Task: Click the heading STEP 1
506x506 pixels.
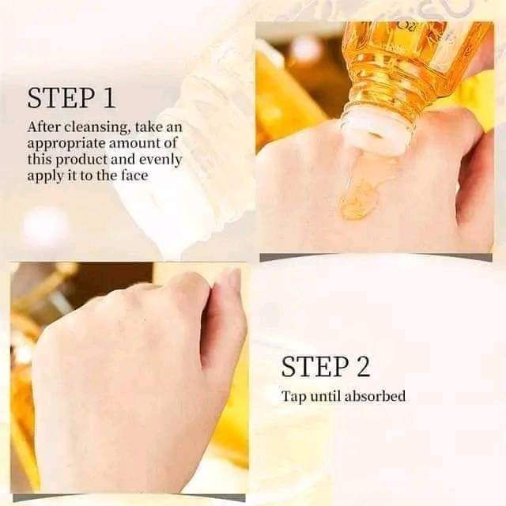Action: coord(71,97)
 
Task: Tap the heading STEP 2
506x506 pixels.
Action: coord(326,366)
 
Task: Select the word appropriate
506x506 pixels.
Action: coord(66,144)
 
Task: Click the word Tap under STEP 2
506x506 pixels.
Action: coord(293,397)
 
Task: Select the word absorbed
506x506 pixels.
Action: coord(375,396)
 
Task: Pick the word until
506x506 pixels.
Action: coord(325,396)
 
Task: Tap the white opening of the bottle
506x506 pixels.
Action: coord(374,132)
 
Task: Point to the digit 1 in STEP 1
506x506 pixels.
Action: coord(109,98)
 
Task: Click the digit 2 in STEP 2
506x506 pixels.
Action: coord(363,366)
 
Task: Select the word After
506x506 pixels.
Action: coord(44,126)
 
